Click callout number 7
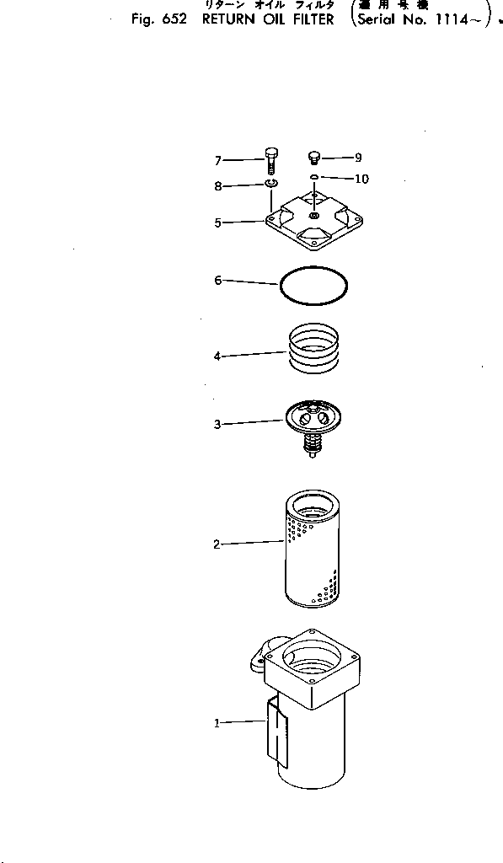coord(217,160)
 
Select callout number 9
coord(358,157)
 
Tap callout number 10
coord(361,179)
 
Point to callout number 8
coord(217,187)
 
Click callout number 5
coord(217,223)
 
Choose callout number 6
coord(217,281)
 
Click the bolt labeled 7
coord(271,161)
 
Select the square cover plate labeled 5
coord(313,221)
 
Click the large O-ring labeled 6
coord(313,286)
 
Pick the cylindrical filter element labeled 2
coord(313,552)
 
